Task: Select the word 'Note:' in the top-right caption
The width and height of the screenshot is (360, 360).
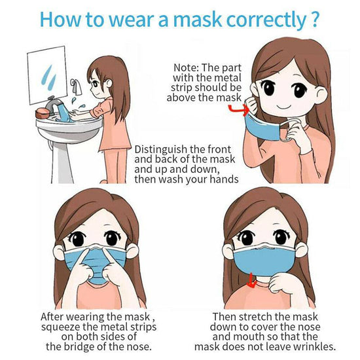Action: coord(187,67)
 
